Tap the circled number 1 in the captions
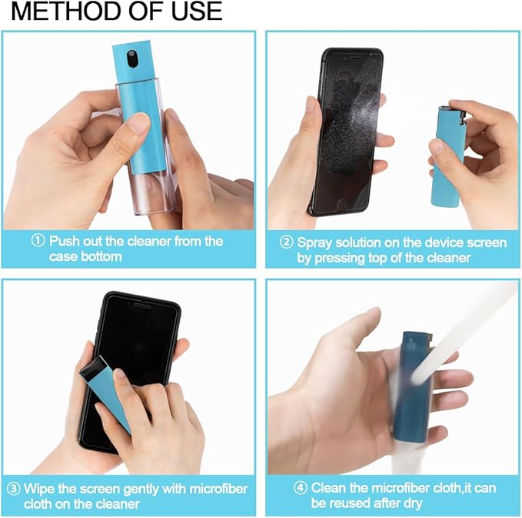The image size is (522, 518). pyautogui.click(x=38, y=241)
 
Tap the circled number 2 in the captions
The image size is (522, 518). pyautogui.click(x=286, y=242)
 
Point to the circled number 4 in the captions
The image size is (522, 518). pyautogui.click(x=301, y=488)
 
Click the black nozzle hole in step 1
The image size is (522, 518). pyautogui.click(x=132, y=58)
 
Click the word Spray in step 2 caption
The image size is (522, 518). pyautogui.click(x=315, y=242)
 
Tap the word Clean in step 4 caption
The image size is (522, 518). pyautogui.click(x=329, y=488)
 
